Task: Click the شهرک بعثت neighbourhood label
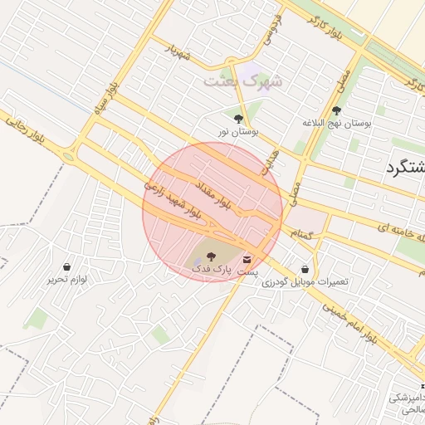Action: (243, 81)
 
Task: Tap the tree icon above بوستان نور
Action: (239, 119)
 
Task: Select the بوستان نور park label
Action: (239, 131)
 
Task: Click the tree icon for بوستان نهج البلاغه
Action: (336, 110)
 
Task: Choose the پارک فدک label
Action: (208, 270)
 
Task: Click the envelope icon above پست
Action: (247, 260)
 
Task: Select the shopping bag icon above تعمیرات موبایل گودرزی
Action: (305, 270)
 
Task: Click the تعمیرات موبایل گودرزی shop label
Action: (305, 282)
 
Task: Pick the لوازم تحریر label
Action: (66, 279)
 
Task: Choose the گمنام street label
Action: (300, 237)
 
